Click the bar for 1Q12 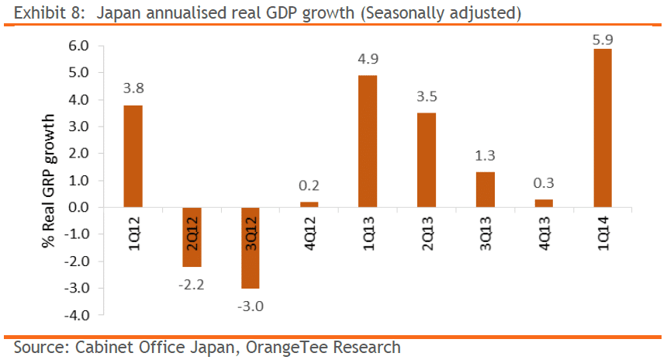point(133,156)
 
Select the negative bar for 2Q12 point(192,237)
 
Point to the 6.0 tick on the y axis point(79,46)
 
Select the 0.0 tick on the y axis point(79,207)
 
